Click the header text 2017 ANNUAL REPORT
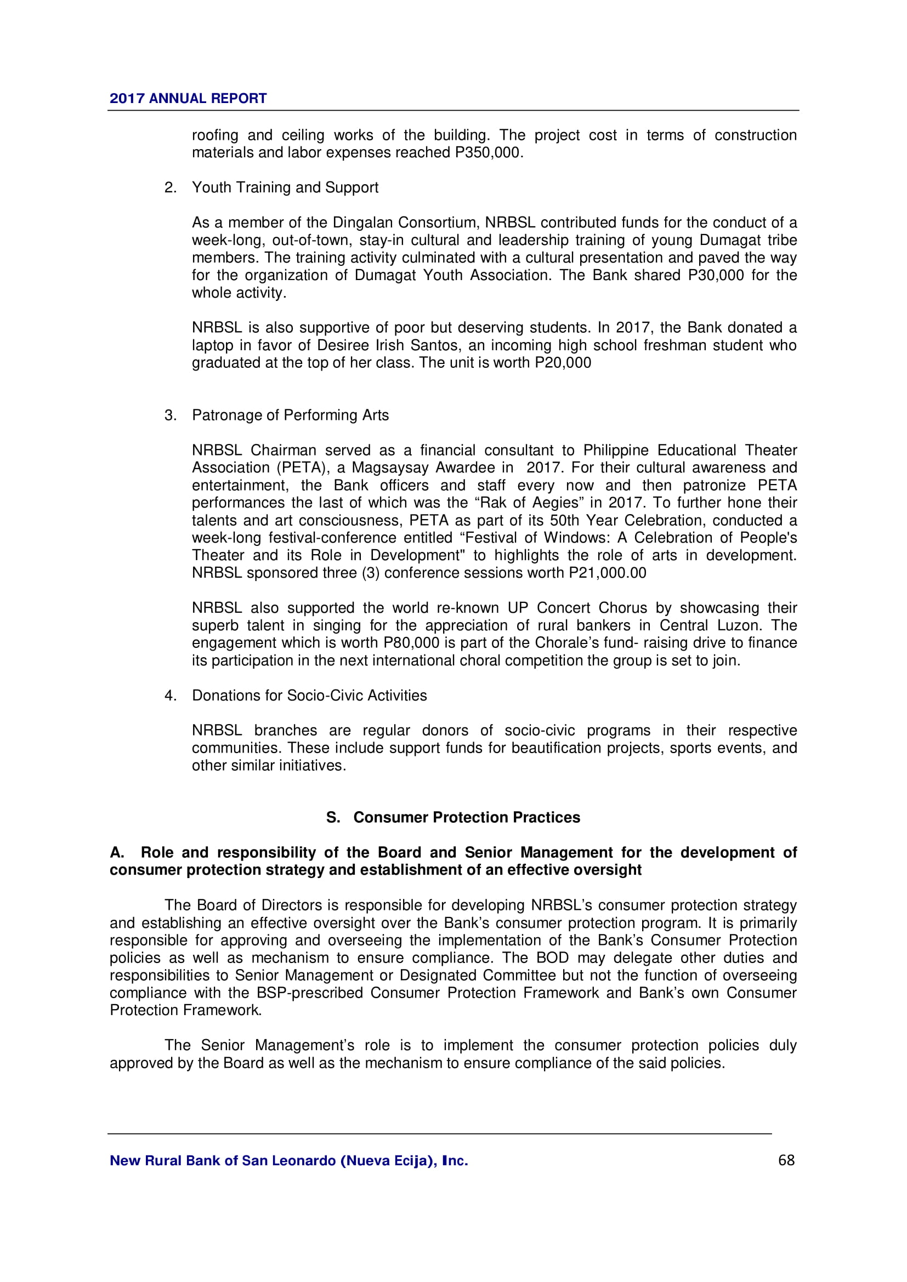pos(188,98)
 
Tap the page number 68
pos(786,1160)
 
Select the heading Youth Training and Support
pos(285,187)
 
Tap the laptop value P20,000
pos(563,363)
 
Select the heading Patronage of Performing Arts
pos(290,415)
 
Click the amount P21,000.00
pos(607,573)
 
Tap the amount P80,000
pos(411,643)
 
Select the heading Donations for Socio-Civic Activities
pos(309,696)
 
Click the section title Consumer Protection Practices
pos(466,817)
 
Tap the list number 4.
pos(170,696)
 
